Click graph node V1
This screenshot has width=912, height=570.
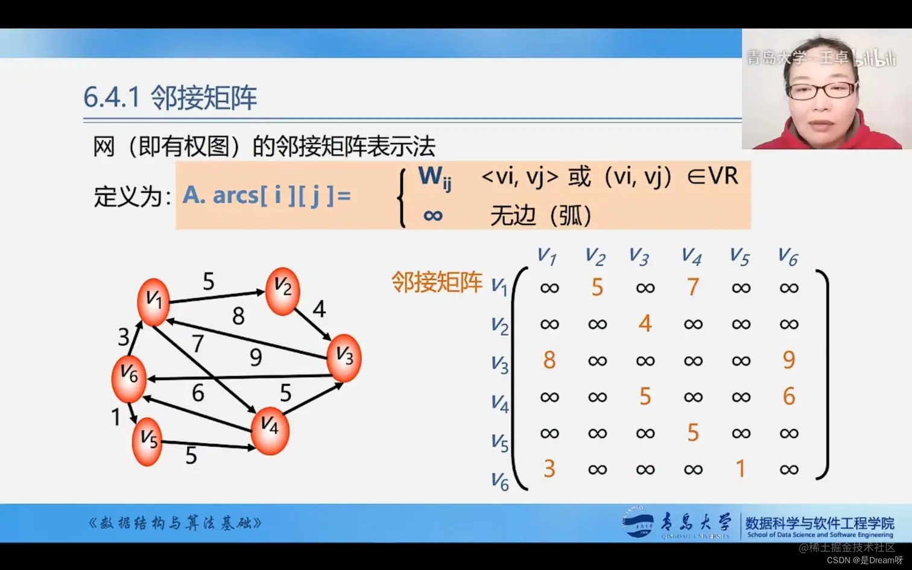pos(153,301)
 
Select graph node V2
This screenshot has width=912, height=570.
pos(282,290)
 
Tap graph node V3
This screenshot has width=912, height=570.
pos(344,357)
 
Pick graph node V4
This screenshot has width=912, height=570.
pos(270,429)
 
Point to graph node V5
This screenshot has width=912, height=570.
pos(147,441)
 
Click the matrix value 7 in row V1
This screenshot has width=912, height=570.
pos(693,287)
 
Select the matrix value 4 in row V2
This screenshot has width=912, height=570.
pos(645,324)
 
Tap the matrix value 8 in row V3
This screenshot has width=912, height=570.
pos(549,360)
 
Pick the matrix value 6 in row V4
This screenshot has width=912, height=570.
pos(789,396)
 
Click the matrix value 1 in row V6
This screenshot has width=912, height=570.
pos(741,469)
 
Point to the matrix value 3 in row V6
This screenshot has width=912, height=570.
pos(549,469)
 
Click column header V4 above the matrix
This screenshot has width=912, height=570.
pos(691,257)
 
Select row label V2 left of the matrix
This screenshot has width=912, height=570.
pos(499,326)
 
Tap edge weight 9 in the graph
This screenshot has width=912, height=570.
pos(256,357)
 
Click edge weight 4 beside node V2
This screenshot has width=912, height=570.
pos(319,309)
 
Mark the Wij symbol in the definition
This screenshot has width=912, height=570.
pos(434,177)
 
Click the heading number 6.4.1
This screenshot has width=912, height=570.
pos(112,97)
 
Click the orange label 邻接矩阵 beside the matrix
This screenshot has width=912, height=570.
pos(437,282)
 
